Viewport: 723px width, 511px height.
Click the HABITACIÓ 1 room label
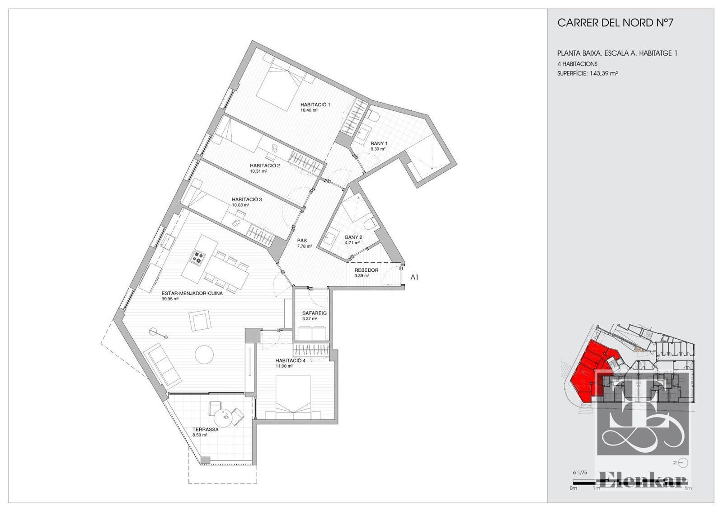315,104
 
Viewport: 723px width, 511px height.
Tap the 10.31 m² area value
258,171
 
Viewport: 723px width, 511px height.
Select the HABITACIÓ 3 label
247,199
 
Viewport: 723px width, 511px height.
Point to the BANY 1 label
379,143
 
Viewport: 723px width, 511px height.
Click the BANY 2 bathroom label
353,237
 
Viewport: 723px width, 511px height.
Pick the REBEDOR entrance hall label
366,270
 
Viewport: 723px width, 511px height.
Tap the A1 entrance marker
414,277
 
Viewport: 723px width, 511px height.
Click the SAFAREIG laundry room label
315,313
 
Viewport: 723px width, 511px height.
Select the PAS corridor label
302,240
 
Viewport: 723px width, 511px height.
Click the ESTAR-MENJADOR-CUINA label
192,293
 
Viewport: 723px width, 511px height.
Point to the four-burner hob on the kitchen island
198,258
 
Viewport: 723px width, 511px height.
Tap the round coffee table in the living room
204,355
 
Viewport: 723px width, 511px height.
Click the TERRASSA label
205,429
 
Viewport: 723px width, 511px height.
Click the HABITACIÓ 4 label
290,360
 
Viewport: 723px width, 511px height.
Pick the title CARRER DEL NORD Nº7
615,23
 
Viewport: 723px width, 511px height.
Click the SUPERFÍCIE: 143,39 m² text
587,73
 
